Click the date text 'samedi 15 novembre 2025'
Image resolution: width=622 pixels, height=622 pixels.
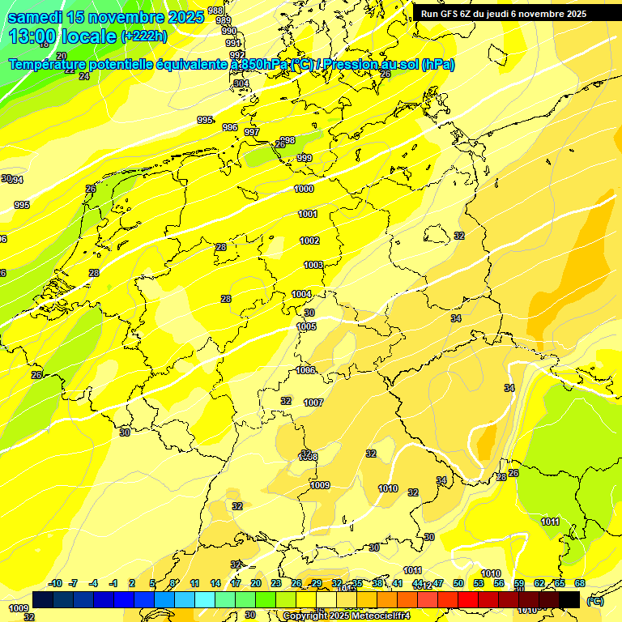click(105, 17)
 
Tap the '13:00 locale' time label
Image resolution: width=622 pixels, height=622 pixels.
click(62, 36)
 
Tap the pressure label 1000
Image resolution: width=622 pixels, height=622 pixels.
click(305, 189)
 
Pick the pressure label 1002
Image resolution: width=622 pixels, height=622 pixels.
click(309, 241)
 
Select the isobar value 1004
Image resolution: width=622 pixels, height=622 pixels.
click(301, 294)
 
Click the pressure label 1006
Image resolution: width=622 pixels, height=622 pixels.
click(305, 370)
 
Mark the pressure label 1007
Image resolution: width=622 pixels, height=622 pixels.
click(313, 403)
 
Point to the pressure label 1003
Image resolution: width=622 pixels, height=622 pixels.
click(313, 265)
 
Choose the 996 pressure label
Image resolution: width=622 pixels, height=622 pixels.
click(230, 127)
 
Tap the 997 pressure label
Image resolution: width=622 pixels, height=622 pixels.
click(252, 132)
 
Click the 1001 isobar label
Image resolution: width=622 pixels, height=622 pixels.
click(308, 214)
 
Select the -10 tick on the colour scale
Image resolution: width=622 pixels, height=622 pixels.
click(55, 583)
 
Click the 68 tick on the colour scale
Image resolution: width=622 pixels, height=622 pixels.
click(580, 583)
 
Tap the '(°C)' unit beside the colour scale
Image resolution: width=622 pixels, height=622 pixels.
click(594, 601)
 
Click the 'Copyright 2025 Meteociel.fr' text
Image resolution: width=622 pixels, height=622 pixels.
click(347, 616)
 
